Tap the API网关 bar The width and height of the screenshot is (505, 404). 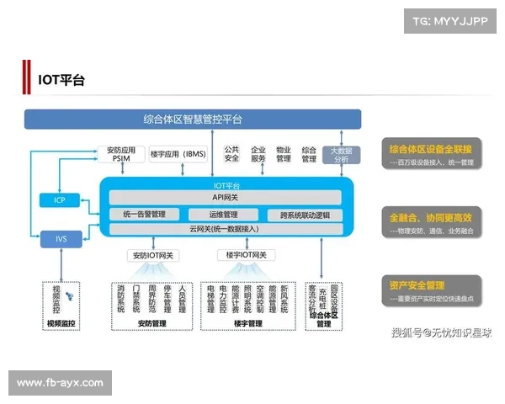[x=226, y=197]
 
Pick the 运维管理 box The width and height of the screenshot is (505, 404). [x=226, y=214]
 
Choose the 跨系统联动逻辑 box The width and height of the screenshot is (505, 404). [x=304, y=214]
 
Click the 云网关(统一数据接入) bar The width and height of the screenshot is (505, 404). [x=226, y=228]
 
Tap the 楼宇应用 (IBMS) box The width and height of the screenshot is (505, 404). [x=178, y=154]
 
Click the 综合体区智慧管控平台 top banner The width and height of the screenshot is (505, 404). [x=193, y=119]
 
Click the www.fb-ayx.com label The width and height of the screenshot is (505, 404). [x=60, y=383]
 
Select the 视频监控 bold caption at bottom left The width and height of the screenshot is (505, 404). [x=61, y=322]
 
